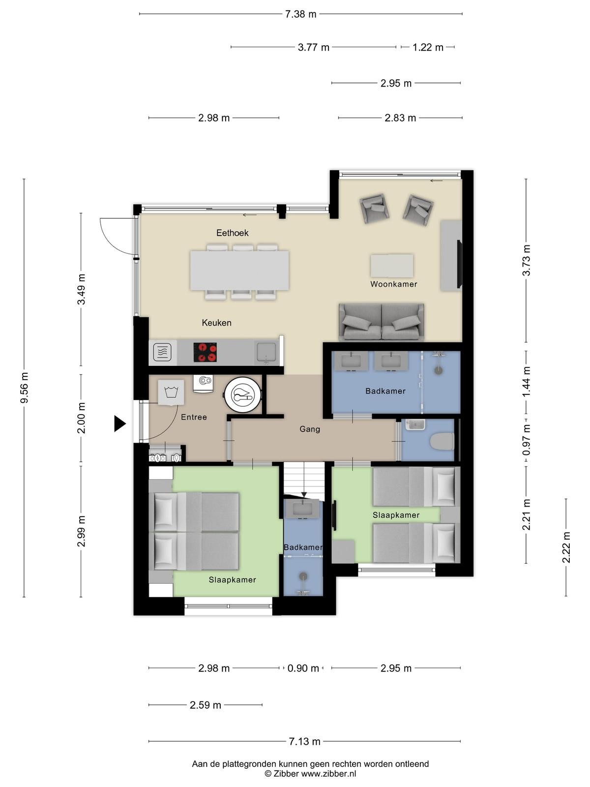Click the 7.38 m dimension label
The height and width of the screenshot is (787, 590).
click(x=300, y=14)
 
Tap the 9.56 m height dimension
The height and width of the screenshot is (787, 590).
click(x=24, y=388)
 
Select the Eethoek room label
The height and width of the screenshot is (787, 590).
click(x=232, y=233)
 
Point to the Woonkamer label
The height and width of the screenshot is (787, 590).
click(x=394, y=284)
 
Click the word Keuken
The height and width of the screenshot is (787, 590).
click(x=216, y=323)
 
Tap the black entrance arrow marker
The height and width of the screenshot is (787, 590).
click(x=119, y=424)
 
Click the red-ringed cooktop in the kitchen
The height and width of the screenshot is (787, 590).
click(x=205, y=352)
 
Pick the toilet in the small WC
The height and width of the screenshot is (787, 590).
click(x=442, y=441)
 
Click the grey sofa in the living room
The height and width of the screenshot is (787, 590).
click(x=382, y=322)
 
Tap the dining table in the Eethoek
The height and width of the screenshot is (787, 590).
click(x=239, y=271)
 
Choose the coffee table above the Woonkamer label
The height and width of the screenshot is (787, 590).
click(x=392, y=266)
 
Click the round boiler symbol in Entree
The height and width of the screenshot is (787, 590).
click(x=243, y=394)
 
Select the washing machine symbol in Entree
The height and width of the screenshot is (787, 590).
click(x=171, y=392)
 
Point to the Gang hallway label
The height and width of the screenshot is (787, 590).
click(x=310, y=429)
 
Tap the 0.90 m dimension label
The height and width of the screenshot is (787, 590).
click(x=303, y=668)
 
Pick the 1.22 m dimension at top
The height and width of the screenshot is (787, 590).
click(x=428, y=47)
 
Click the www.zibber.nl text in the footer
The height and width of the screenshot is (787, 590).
click(x=328, y=774)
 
